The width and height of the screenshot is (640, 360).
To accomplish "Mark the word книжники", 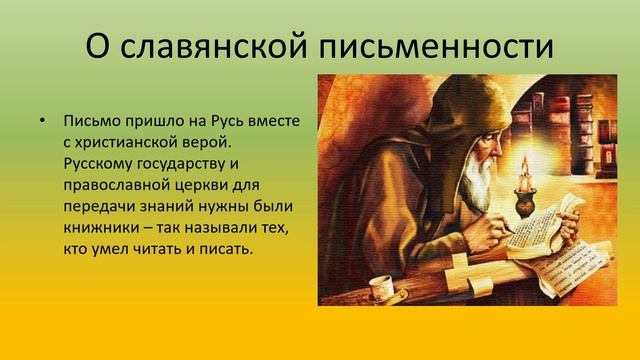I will point(97,227).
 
